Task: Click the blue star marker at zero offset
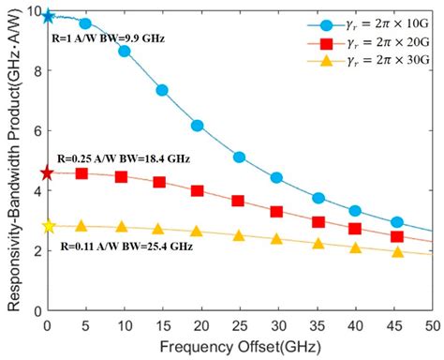(x=49, y=17)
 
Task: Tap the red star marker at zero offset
(x=49, y=172)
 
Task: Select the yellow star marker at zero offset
(x=49, y=226)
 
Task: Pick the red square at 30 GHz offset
(x=276, y=212)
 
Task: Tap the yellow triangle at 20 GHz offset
(x=196, y=232)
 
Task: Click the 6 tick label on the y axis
(x=35, y=131)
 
